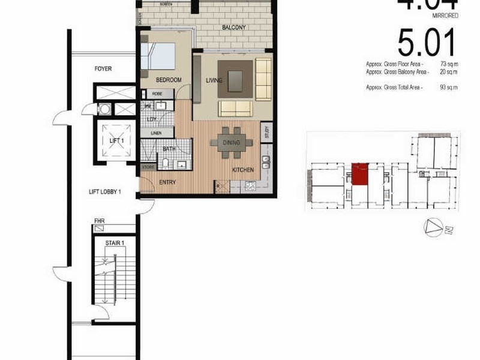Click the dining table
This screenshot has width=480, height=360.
point(231,143)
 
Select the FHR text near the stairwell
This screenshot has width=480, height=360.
point(100,227)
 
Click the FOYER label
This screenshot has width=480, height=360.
point(103,69)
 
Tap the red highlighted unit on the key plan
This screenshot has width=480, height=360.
point(359,173)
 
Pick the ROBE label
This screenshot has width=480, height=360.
point(157,94)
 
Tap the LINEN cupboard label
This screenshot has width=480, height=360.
point(155,133)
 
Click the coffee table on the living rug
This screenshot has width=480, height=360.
point(235,78)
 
